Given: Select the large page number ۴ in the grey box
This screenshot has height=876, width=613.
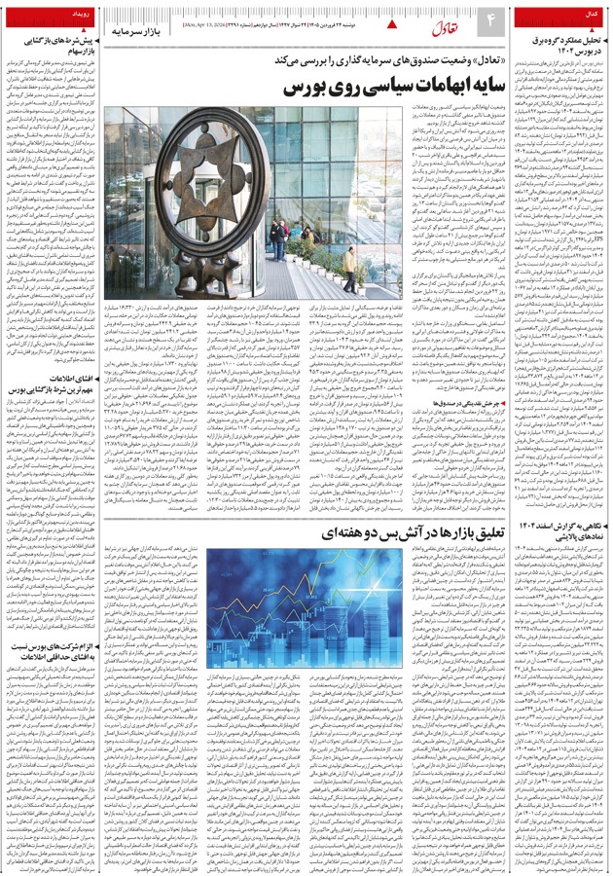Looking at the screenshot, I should click(x=490, y=19).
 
